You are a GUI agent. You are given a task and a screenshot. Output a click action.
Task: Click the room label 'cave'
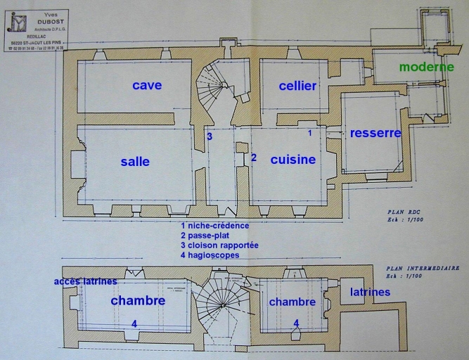point(147,85)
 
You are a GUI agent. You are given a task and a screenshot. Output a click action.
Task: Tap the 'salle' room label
point(135,161)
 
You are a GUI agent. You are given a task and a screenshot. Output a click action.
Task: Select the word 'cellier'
point(297,86)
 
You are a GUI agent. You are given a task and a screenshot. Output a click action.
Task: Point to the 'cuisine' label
point(293,160)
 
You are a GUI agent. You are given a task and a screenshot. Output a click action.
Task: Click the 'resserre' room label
point(375,133)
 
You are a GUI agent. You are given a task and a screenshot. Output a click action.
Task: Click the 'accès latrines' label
point(86,282)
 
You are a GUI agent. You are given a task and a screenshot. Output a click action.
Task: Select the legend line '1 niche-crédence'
point(214,226)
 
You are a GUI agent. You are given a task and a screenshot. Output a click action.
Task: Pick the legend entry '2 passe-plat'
point(205,236)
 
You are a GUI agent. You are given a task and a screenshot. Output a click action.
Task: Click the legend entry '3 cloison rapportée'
point(219,245)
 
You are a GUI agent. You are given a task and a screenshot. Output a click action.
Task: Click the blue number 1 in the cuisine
point(309,132)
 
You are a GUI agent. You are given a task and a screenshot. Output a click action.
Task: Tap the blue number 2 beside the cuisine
point(254,157)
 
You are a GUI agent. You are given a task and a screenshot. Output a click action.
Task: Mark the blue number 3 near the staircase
point(210,136)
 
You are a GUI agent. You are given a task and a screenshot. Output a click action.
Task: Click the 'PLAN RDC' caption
point(403,211)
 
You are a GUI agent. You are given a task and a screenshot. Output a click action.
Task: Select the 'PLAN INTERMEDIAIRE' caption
point(423,268)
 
